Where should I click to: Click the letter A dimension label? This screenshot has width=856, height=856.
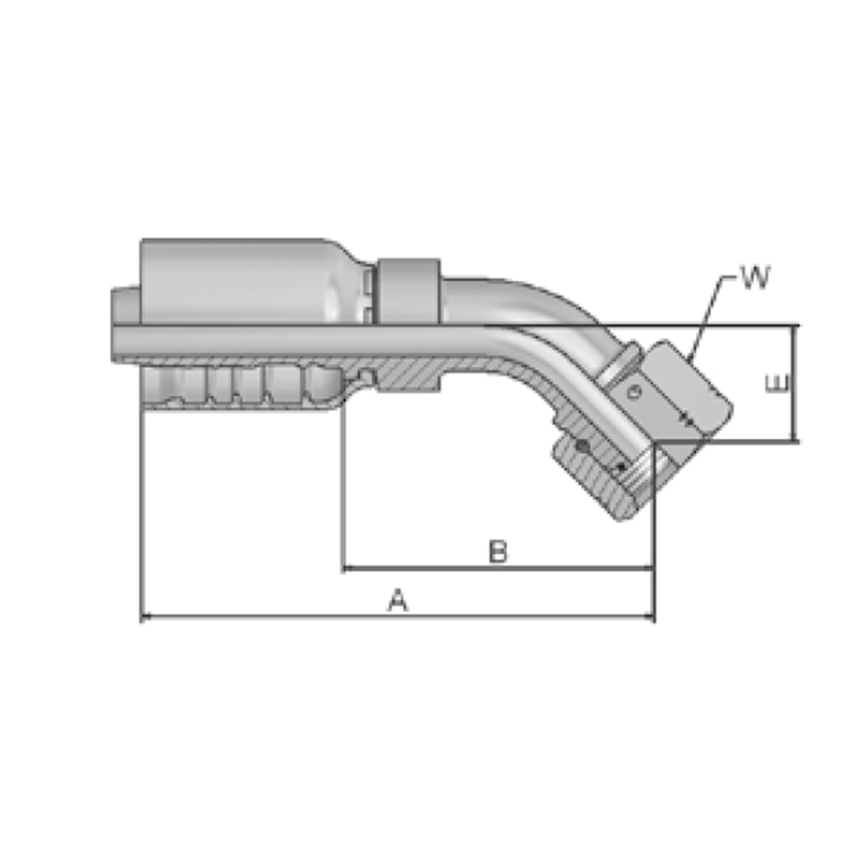point(398,600)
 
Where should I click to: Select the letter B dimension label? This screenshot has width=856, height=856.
point(497,551)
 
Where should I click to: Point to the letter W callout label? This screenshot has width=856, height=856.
point(755,276)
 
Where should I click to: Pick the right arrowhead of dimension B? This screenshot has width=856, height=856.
point(649,568)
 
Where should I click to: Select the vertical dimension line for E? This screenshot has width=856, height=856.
point(792,383)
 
